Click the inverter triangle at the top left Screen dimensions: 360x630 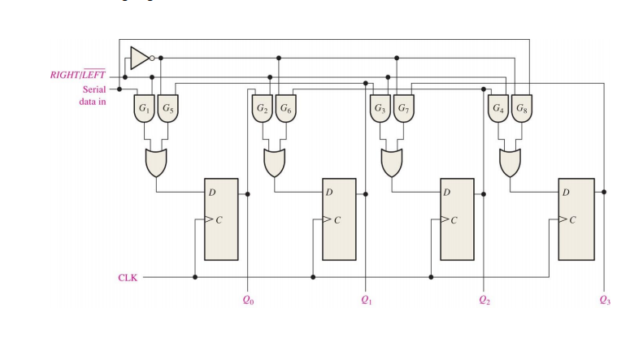tap(139, 58)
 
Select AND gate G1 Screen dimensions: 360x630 tap(144, 109)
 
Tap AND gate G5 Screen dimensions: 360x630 tap(166, 109)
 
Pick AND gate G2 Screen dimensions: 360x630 tap(262, 109)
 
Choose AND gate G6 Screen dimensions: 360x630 tap(285, 109)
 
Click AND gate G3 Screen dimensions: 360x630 tap(380, 109)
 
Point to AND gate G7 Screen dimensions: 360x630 tap(402, 109)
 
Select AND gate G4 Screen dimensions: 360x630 tap(497, 109)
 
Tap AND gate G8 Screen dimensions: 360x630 tap(520, 109)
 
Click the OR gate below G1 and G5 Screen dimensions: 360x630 tap(155, 163)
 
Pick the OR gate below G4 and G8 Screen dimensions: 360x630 tap(510, 163)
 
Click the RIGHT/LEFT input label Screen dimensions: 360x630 tap(78, 76)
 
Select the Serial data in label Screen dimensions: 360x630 tap(93, 96)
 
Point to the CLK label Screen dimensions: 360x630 tap(128, 277)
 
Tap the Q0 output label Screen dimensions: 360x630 tap(248, 300)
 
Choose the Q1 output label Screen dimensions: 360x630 tap(366, 300)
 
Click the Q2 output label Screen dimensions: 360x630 tap(484, 300)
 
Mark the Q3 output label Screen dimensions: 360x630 tap(603, 300)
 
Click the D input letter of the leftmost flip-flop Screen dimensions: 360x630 tap(212, 193)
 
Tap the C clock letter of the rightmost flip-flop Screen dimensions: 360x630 tap(573, 219)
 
